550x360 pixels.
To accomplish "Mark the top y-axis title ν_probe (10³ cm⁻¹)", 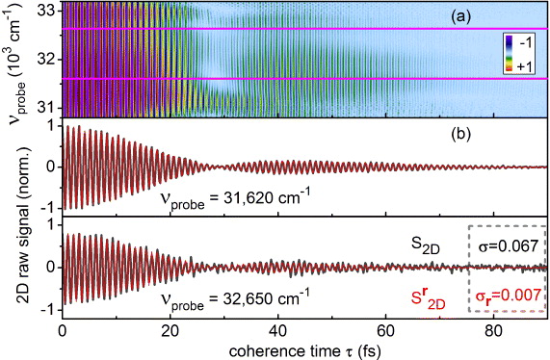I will [13, 62].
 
